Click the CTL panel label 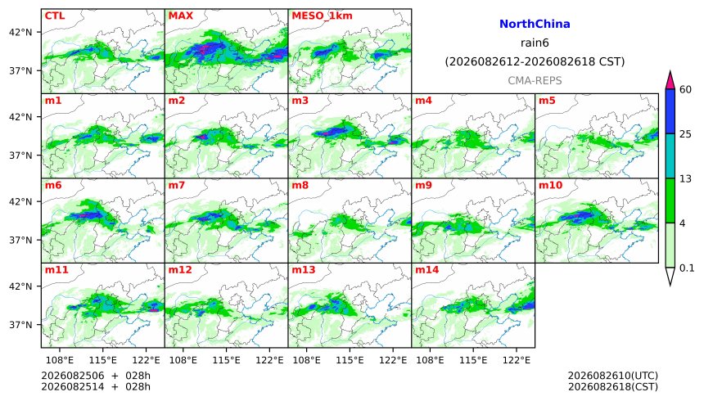[55, 16]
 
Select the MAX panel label [180, 16]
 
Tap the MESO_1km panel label [322, 16]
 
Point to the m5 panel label [547, 101]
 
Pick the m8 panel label [300, 185]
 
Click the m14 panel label [427, 270]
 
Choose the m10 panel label [550, 185]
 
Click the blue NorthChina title [535, 25]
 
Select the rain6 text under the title [535, 43]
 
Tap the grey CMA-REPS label [535, 81]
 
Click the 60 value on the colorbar [686, 89]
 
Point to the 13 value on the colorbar [686, 178]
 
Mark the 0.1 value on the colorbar [687, 268]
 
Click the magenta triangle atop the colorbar [670, 81]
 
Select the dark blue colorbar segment [670, 111]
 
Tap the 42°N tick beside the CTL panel [21, 33]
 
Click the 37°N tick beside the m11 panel [21, 325]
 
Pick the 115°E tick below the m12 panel [226, 360]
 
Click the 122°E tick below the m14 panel [517, 360]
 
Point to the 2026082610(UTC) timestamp [613, 376]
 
